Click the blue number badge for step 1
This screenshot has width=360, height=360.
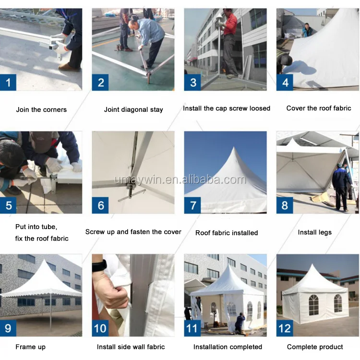[x=8, y=82]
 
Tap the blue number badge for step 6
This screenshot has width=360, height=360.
[x=100, y=205]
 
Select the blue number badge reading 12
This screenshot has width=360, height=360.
[x=285, y=328]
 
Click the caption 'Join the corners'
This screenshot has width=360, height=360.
[x=41, y=109]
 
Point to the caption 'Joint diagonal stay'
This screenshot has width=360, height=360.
[x=133, y=110]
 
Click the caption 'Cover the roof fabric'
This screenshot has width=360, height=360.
[x=319, y=108]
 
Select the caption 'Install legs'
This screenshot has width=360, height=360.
[x=315, y=233]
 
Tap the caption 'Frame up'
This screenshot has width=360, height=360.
[x=30, y=347]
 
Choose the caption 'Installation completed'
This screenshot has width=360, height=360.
[x=228, y=347]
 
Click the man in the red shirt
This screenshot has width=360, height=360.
[x=229, y=42]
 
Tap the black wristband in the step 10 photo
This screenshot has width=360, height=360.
[x=99, y=266]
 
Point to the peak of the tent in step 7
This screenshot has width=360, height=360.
[x=234, y=147]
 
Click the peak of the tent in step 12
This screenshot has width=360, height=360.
[x=312, y=264]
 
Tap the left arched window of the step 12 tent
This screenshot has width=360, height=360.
[x=313, y=305]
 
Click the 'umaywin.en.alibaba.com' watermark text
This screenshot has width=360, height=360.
[x=180, y=180]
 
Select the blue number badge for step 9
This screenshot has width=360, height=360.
[x=8, y=328]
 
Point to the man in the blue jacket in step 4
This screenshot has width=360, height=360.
[x=308, y=31]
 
